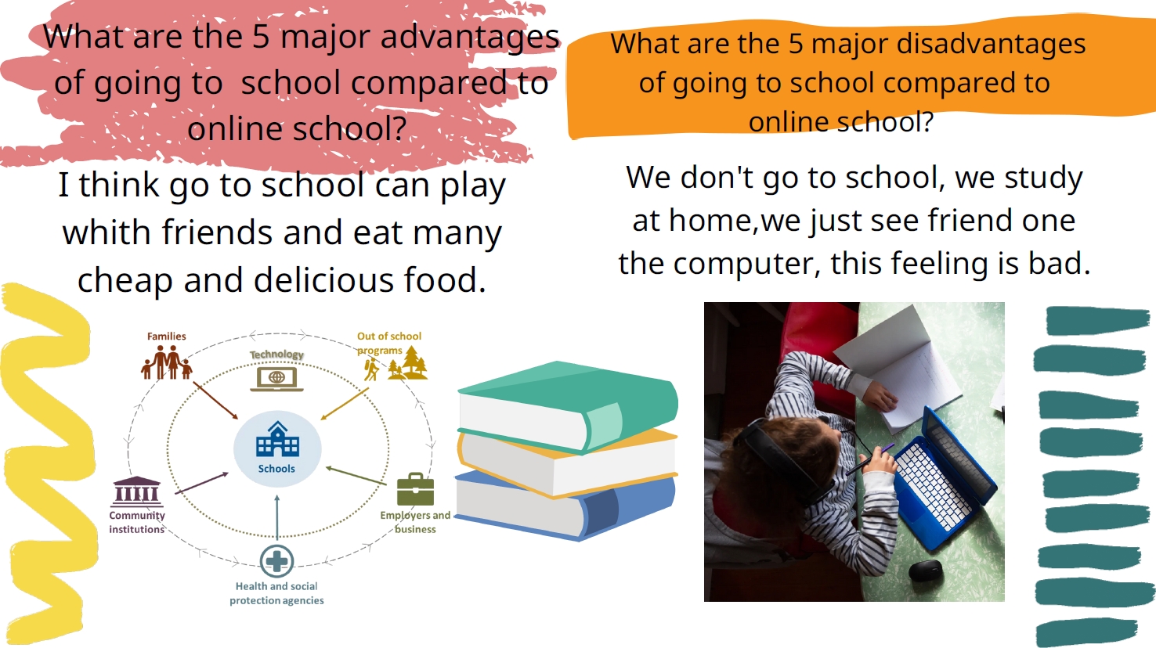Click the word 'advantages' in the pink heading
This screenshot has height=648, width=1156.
[x=470, y=38]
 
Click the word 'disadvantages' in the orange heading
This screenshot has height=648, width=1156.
[x=991, y=44]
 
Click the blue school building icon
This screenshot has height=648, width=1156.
[x=277, y=439]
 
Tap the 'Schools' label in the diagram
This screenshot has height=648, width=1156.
[x=276, y=469]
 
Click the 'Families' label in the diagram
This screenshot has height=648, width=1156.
[x=166, y=336]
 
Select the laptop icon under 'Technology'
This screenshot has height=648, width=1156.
[x=276, y=379]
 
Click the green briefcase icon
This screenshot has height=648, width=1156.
[x=415, y=489]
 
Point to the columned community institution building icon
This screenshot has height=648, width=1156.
[x=136, y=491]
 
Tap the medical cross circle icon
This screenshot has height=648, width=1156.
[x=276, y=561]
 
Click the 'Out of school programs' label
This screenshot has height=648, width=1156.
[x=389, y=344]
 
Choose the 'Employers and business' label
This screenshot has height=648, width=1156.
[x=415, y=522]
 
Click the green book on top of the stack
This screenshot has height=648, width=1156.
[x=568, y=407]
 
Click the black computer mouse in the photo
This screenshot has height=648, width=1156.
[x=925, y=571]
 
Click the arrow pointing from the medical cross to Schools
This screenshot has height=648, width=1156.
[x=277, y=517]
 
